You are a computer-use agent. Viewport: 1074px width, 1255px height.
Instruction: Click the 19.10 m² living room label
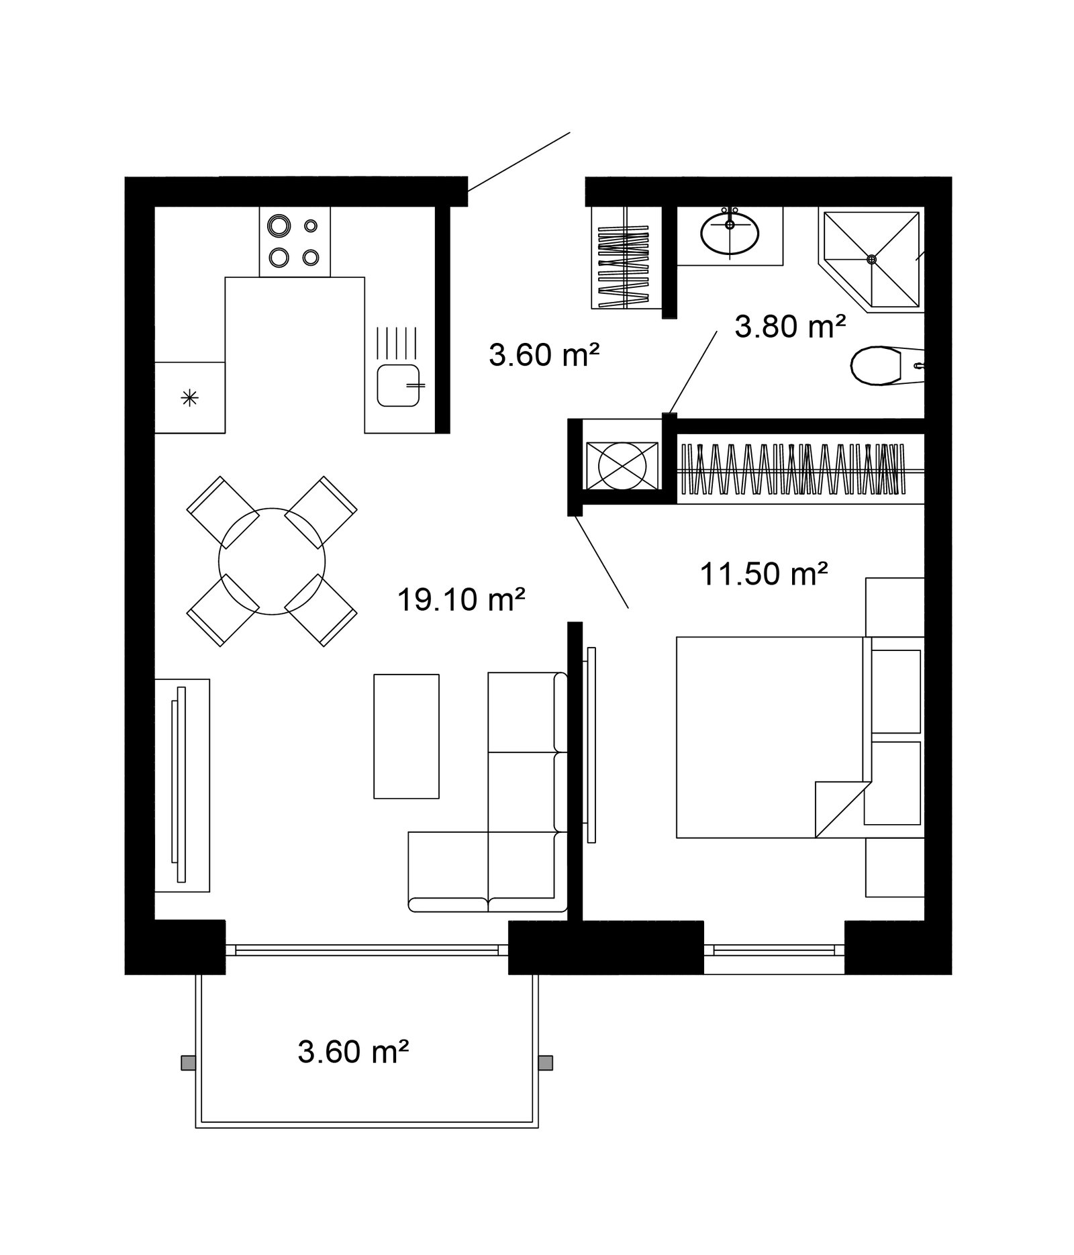[460, 599]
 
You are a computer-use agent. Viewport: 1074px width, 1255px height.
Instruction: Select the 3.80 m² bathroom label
[790, 327]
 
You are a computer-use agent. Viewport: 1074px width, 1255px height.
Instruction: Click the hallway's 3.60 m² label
[544, 354]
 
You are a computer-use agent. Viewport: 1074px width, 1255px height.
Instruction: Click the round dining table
[272, 561]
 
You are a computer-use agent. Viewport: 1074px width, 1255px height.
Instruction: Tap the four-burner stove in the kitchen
[295, 242]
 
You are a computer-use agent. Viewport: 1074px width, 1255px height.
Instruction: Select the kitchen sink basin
[399, 385]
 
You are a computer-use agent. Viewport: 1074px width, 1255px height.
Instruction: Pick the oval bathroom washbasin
[730, 233]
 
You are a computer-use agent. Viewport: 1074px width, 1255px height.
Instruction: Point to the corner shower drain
[871, 259]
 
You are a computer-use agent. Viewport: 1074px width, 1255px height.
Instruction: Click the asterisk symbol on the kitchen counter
[191, 399]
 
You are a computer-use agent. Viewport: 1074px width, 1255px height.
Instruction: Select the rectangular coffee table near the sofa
[406, 736]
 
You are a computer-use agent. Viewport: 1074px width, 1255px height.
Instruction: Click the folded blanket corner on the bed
[843, 809]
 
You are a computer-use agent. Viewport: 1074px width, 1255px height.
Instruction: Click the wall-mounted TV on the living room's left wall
[179, 784]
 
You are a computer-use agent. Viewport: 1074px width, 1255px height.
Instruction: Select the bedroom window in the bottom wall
[774, 949]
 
